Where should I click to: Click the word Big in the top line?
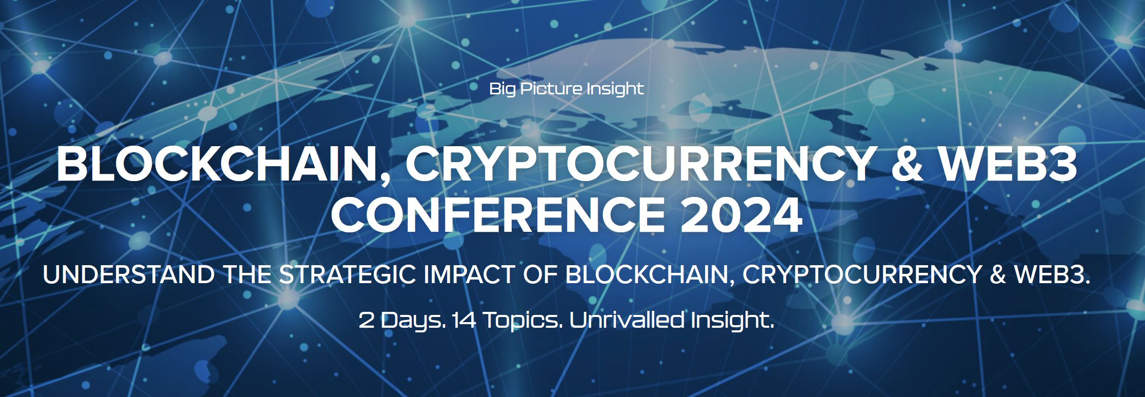point(502,89)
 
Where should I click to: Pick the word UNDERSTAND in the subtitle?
point(129,275)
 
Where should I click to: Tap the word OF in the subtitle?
point(539,275)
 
